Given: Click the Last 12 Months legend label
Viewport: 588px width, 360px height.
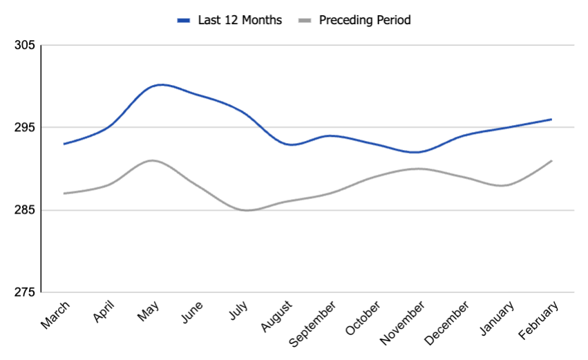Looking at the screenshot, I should (239, 20).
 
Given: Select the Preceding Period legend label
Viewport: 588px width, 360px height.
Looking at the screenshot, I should (364, 20).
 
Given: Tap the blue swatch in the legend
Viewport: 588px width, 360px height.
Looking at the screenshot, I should (183, 21).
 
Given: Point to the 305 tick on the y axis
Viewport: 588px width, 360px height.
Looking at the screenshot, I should (24, 46).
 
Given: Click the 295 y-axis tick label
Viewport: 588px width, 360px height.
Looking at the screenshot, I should (24, 128).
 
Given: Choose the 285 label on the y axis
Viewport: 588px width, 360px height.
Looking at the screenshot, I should (24, 210).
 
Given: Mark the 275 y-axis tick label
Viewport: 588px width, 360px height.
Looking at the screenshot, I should (24, 292).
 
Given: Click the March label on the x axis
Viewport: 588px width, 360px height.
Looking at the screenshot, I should (55, 315).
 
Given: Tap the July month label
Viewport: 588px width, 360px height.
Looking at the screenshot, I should (238, 313).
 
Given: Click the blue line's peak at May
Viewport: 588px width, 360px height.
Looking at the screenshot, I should (160, 85).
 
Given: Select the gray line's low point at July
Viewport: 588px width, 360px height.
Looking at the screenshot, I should (247, 210).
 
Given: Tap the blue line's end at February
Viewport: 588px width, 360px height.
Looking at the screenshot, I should (551, 120).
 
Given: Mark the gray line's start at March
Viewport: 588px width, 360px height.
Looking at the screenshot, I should (64, 193).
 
